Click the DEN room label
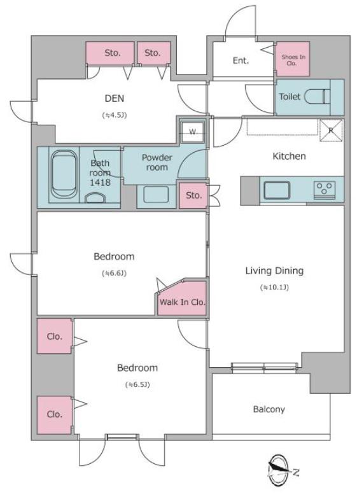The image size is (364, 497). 115,98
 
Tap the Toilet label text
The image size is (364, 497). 290,96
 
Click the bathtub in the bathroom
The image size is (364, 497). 64,174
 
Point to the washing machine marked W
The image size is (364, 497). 192,132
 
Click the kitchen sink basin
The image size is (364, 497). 277,190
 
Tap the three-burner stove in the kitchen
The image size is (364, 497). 325,190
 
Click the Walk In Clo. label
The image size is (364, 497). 182,302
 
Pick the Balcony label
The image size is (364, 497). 269,409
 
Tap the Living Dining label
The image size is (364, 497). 274,270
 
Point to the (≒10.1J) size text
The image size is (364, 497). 274,288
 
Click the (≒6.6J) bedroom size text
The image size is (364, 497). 114,273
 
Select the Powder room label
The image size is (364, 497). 157,162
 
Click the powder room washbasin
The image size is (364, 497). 156,194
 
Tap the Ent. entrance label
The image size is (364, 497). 241,60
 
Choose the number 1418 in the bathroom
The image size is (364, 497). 100,182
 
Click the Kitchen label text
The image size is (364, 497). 289,156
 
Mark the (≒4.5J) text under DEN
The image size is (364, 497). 115,115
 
